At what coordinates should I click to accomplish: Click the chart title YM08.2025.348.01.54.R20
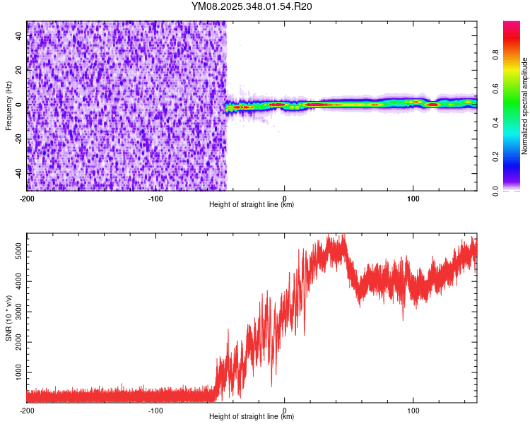pyautogui.click(x=252, y=7)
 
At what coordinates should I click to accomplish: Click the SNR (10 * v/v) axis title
pyautogui.click(x=8, y=318)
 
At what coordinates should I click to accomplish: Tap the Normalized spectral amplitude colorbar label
pyautogui.click(x=524, y=106)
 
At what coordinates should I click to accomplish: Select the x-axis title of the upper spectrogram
pyautogui.click(x=252, y=205)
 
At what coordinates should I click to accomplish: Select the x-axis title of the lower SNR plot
pyautogui.click(x=252, y=417)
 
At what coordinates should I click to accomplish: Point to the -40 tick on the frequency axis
pyautogui.click(x=18, y=172)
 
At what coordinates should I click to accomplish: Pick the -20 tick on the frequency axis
pyautogui.click(x=18, y=139)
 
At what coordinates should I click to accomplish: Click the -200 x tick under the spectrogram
pyautogui.click(x=27, y=198)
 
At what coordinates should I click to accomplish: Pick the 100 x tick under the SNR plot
pyautogui.click(x=413, y=410)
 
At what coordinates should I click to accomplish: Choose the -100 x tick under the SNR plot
pyautogui.click(x=155, y=410)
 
